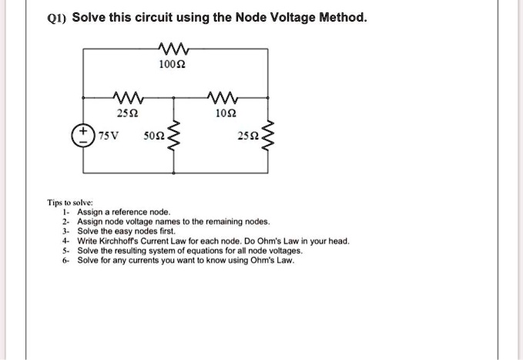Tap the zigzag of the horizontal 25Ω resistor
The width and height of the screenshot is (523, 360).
(x=126, y=97)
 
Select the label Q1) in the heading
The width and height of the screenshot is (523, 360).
(x=58, y=17)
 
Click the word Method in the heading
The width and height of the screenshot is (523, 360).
(x=337, y=17)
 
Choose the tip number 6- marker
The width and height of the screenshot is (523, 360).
(x=67, y=260)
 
